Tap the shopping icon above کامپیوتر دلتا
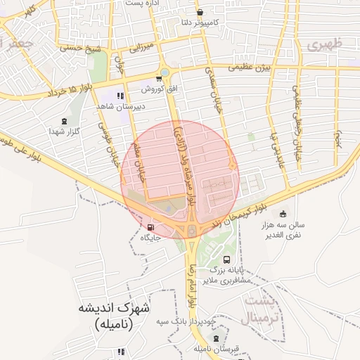200,13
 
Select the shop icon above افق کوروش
158,78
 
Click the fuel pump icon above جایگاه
151,227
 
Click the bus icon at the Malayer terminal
226,259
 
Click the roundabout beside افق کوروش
165,72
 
